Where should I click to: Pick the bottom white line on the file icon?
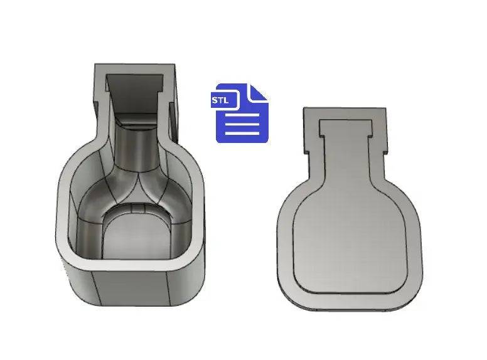click(242, 132)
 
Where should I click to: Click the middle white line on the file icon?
click(242, 124)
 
